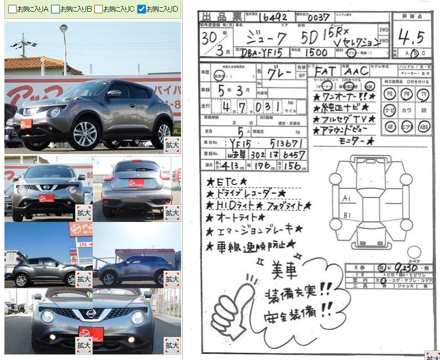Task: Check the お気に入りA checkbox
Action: click(x=12, y=9)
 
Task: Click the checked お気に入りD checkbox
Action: click(x=141, y=9)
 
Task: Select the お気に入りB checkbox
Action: click(x=55, y=9)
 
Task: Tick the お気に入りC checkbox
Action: click(x=98, y=9)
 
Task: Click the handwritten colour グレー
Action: click(x=280, y=72)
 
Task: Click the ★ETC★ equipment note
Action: click(x=227, y=181)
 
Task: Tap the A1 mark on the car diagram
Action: click(x=347, y=198)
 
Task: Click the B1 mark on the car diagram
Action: click(x=347, y=214)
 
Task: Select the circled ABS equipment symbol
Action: click(x=423, y=126)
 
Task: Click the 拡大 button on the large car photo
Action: click(x=172, y=144)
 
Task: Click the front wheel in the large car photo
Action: click(x=85, y=134)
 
